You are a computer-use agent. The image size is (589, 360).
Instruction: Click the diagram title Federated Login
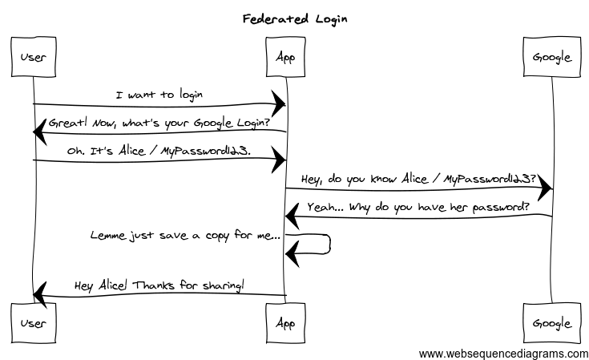coord(294,18)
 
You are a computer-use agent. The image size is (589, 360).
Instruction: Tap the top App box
coord(285,58)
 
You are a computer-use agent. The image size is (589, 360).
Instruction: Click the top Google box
coord(551,58)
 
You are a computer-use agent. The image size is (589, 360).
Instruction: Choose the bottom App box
coord(285,323)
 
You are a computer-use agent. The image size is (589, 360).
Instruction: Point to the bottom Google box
coord(551,323)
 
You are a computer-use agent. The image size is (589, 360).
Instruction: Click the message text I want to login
coord(159,95)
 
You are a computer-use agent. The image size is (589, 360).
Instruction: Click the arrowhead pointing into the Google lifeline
coord(544,188)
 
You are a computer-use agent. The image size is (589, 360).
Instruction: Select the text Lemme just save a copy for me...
coord(185,237)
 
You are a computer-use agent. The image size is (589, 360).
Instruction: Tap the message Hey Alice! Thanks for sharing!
coord(159,285)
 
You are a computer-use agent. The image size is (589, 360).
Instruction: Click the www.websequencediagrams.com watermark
coord(503,353)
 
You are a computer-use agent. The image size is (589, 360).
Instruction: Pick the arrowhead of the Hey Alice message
coord(41,295)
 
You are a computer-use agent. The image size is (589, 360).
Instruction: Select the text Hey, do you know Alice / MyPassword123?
coord(418,178)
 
